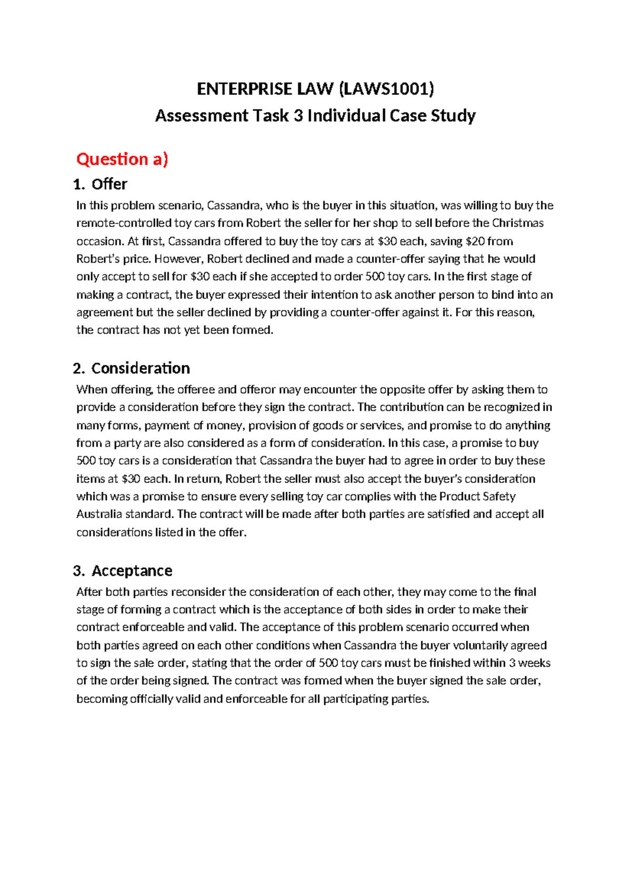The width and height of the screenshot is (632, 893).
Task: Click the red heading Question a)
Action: pos(122,159)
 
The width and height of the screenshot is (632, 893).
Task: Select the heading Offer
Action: pos(109,184)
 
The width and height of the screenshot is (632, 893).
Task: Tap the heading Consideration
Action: pos(140,368)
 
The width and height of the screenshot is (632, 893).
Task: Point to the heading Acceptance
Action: pos(132,571)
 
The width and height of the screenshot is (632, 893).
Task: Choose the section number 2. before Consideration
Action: pos(79,368)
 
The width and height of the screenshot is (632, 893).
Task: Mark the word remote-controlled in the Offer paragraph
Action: pos(124,223)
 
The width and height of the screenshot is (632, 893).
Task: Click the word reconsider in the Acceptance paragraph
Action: pos(198,592)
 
